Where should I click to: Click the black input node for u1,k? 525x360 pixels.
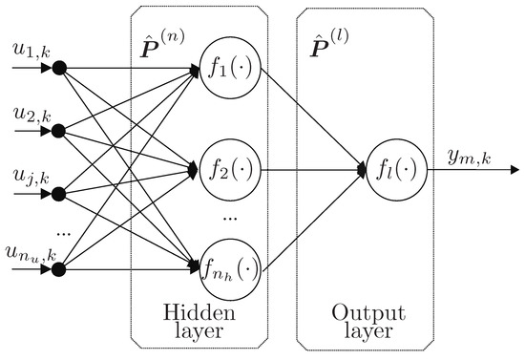point(60,69)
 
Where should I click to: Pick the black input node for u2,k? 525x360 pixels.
point(60,131)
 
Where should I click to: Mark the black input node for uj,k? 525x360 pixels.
point(60,194)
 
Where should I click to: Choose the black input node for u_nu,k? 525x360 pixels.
point(60,271)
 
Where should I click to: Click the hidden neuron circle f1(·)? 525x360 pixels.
point(226,69)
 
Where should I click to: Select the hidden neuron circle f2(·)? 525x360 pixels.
point(226,171)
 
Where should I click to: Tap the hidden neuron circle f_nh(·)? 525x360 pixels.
point(226,271)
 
